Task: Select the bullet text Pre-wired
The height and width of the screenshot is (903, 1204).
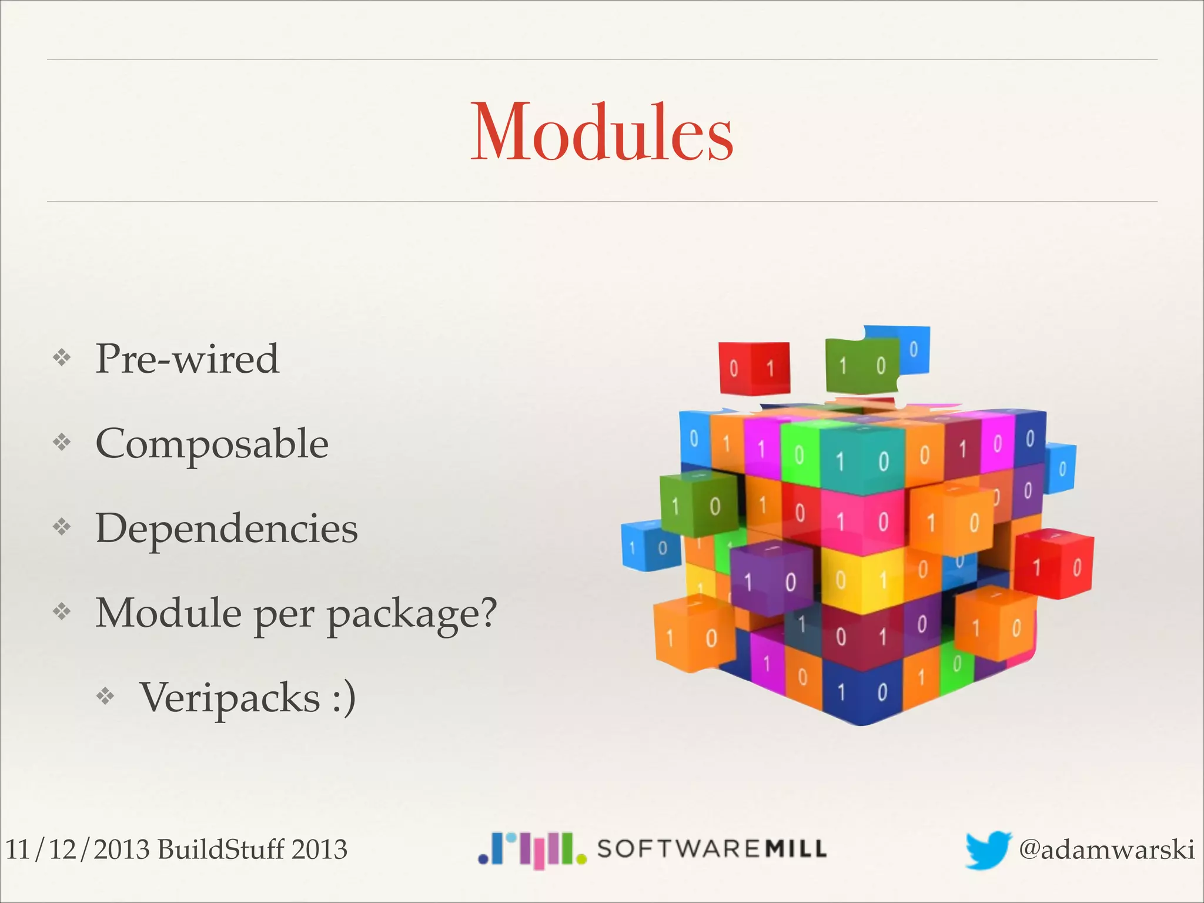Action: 187,359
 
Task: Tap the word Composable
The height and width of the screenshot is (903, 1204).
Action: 212,443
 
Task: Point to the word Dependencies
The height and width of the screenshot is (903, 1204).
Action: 226,528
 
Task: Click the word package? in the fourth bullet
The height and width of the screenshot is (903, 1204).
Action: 412,614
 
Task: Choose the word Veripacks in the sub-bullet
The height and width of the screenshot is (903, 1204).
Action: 229,697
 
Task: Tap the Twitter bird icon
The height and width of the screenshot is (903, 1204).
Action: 988,849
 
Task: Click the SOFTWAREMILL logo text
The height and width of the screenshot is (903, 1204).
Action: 711,849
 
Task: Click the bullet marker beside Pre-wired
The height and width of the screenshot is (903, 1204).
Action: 62,357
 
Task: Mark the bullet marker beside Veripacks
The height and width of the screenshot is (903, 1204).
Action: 105,697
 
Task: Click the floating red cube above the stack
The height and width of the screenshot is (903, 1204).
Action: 754,369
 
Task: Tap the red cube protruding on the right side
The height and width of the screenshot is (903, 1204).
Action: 1055,566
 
